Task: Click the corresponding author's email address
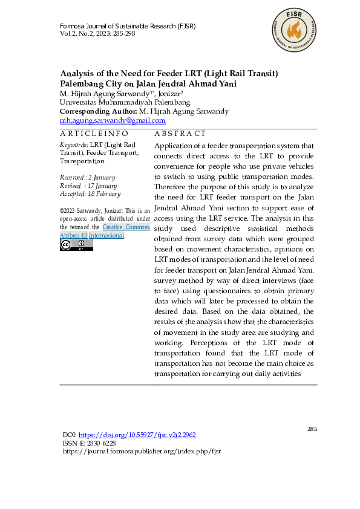113,120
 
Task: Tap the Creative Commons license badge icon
76,245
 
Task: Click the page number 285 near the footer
312,429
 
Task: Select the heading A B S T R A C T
180,134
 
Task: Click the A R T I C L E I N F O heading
94,134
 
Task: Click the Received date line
87,177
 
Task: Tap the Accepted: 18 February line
90,194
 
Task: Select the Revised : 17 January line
88,186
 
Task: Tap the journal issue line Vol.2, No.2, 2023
97,34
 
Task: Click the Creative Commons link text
126,227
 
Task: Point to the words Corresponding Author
98,111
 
